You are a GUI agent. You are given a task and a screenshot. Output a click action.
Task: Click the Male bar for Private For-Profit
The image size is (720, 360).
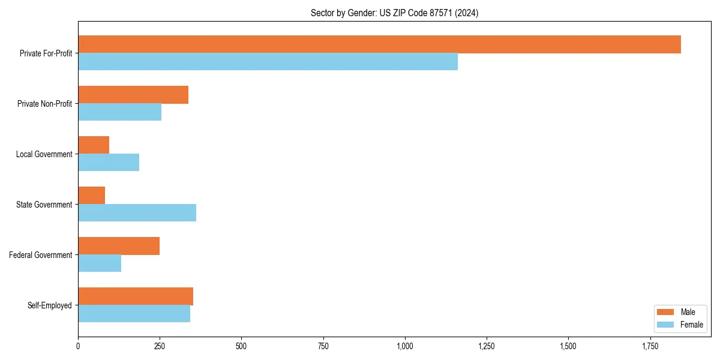[379, 44]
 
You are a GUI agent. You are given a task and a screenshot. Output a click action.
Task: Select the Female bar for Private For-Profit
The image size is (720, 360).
[268, 62]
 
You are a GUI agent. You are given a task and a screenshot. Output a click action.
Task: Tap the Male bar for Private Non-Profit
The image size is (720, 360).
[133, 95]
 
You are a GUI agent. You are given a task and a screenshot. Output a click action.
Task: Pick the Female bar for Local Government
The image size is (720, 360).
[109, 163]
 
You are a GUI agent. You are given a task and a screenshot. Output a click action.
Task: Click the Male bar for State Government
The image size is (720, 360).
[92, 196]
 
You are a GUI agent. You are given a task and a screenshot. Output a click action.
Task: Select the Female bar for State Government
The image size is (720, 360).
[137, 213]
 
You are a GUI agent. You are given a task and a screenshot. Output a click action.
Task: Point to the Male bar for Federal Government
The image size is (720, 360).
[119, 246]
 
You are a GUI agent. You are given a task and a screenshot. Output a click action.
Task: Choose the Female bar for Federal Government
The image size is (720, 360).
[100, 263]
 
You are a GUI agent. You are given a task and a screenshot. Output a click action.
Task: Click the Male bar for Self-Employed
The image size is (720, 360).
[136, 296]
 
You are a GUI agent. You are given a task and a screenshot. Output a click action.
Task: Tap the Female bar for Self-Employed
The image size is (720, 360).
[134, 314]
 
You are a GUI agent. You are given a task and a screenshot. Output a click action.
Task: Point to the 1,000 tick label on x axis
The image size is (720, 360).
[405, 346]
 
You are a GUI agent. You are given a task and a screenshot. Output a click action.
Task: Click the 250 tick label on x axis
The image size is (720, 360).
[160, 346]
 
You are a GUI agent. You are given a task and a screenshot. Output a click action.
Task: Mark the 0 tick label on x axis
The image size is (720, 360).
[78, 346]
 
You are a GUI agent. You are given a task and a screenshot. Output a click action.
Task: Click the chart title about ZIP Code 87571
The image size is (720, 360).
[394, 13]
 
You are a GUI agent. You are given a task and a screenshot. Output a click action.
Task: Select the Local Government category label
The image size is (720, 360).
[44, 154]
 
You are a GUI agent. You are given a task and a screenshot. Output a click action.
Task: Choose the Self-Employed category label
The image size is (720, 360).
[49, 305]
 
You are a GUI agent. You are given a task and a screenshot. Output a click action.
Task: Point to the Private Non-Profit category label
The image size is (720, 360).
[44, 104]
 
